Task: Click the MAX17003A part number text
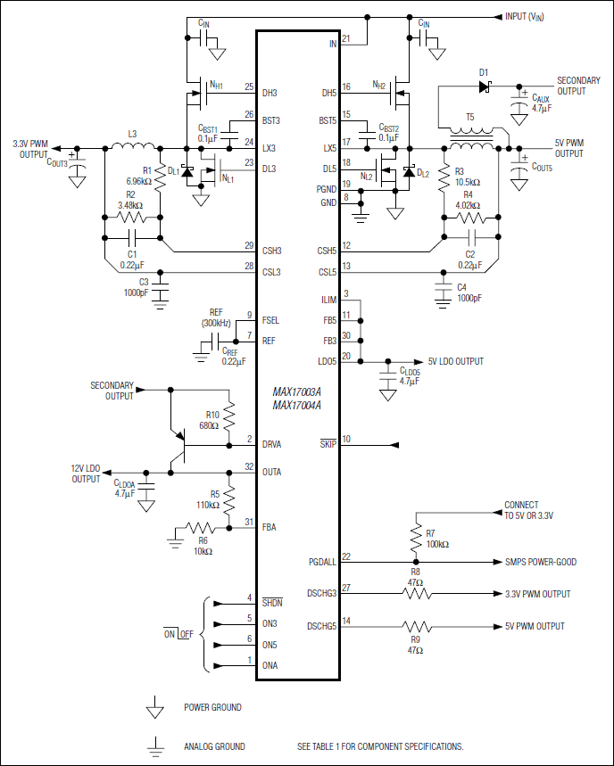[x=296, y=391]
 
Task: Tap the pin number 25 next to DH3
[x=249, y=86]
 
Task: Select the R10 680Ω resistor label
[x=211, y=420]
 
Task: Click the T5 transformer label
[x=469, y=116]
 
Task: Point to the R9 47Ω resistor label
[x=414, y=644]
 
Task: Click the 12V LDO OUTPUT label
[x=87, y=474]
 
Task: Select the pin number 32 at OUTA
[x=249, y=466]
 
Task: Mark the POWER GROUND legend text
[x=212, y=707]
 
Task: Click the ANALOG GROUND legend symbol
[x=156, y=745]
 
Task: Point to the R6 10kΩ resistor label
[x=203, y=546]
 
